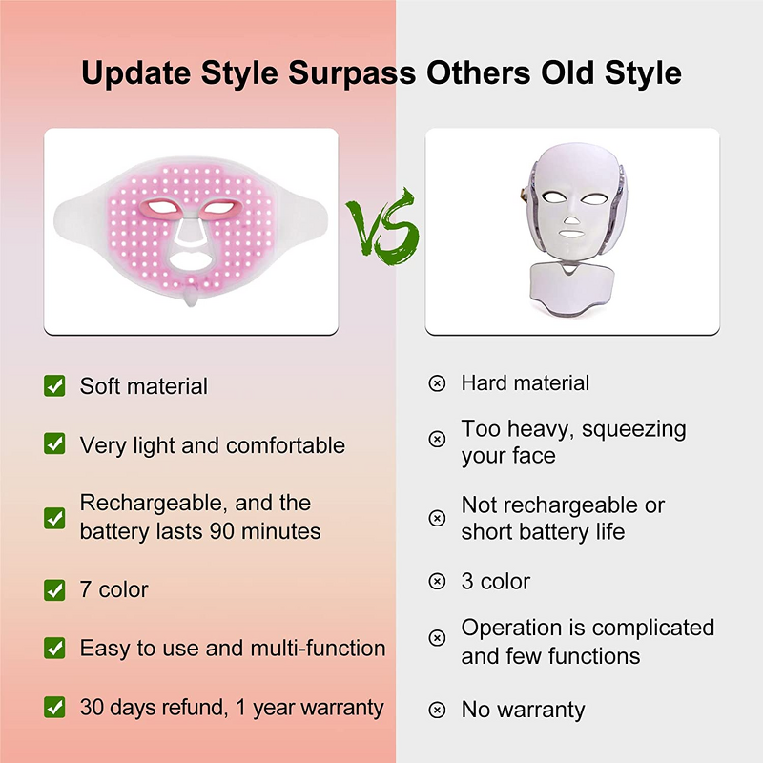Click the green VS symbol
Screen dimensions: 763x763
381,225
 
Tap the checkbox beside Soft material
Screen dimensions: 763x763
54,385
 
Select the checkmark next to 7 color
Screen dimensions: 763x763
54,589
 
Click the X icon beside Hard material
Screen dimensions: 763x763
437,383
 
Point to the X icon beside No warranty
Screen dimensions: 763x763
437,710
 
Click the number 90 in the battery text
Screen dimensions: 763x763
226,531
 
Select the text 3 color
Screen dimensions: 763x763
495,581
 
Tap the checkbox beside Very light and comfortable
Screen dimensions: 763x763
54,444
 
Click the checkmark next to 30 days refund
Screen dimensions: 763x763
54,708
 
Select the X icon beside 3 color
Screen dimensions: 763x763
437,581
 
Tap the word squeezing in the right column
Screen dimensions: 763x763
634,429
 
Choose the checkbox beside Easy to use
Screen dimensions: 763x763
54,649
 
